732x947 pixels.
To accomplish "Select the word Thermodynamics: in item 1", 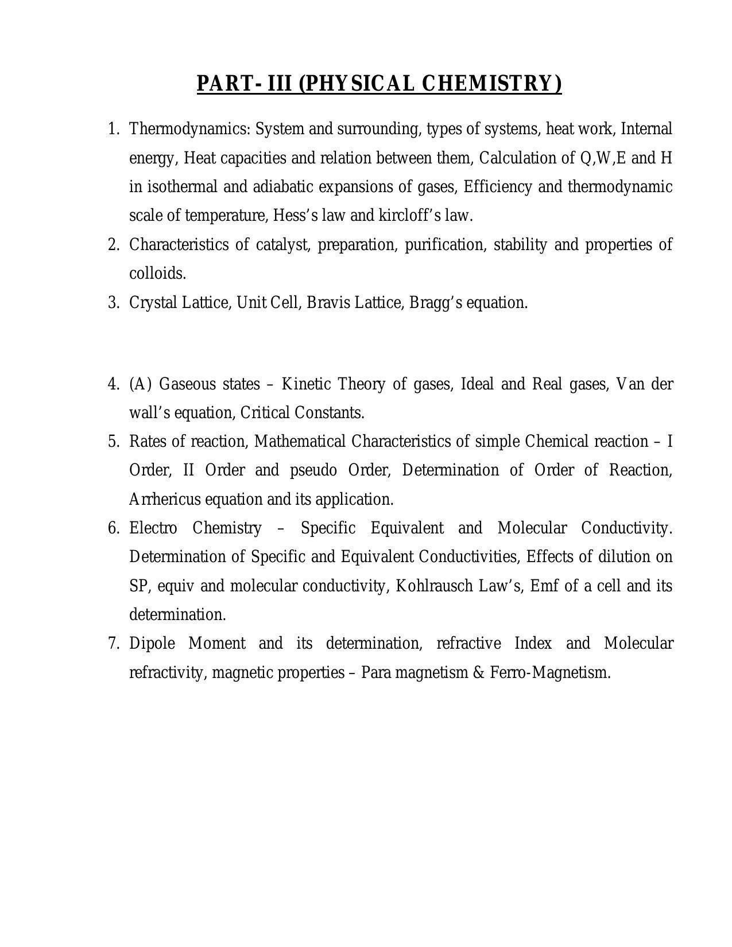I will (x=190, y=129).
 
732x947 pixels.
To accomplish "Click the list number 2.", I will (x=113, y=245).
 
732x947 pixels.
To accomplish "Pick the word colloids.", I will (x=157, y=274).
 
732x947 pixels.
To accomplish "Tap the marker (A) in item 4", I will (x=141, y=384).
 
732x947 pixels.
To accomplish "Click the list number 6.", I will (x=113, y=528).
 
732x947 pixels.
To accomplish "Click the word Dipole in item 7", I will (x=152, y=644).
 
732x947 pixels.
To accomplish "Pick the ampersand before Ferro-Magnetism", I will (x=479, y=672).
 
